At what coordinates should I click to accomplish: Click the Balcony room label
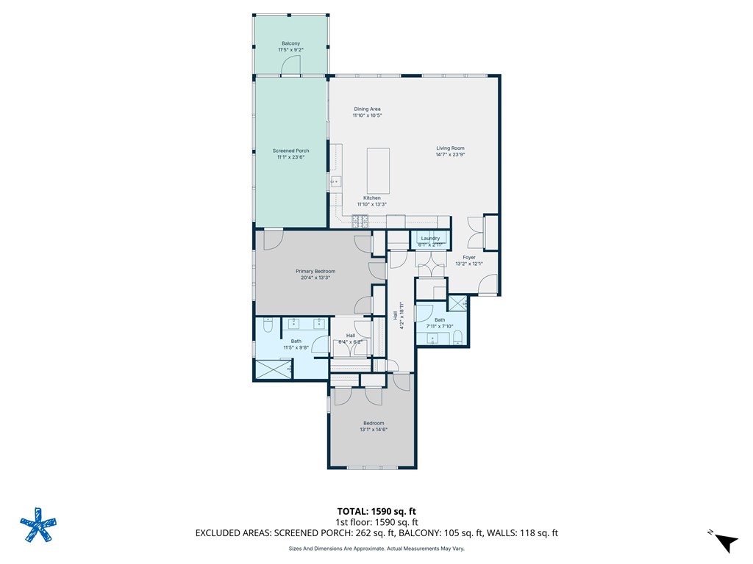click(x=290, y=43)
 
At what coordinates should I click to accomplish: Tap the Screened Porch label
click(x=290, y=151)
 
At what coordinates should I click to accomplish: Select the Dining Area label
click(x=367, y=109)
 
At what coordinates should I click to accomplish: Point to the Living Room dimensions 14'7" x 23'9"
click(x=450, y=154)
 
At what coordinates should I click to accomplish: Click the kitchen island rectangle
click(x=378, y=170)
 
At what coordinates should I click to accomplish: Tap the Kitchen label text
click(x=371, y=198)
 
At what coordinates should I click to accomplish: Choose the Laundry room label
click(x=430, y=238)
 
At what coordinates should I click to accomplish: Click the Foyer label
click(x=469, y=257)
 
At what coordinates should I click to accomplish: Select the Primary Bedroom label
click(x=315, y=271)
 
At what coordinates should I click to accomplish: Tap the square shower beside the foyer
click(x=457, y=303)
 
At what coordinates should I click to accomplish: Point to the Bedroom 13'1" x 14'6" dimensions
click(x=374, y=429)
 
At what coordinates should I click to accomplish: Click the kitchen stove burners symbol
click(x=360, y=221)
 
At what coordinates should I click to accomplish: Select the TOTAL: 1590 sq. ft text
click(x=376, y=511)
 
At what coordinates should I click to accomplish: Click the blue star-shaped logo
click(x=38, y=525)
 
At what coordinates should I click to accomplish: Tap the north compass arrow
click(x=726, y=543)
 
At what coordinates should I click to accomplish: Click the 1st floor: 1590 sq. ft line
click(x=376, y=522)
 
